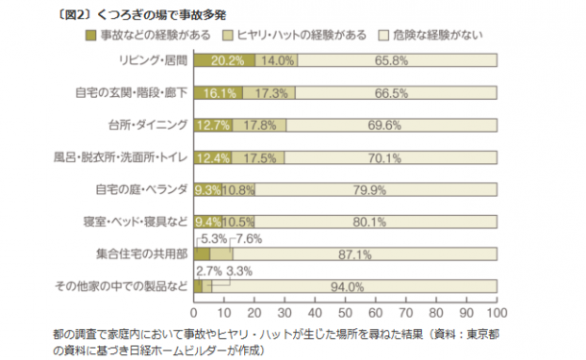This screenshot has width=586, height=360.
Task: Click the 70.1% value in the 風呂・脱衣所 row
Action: point(389,157)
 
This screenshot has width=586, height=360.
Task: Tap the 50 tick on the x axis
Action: point(344,312)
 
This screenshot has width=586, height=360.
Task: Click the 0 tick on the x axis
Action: point(194,312)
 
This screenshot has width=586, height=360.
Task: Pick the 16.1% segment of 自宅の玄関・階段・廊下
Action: point(218,93)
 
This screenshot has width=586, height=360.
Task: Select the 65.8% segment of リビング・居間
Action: point(396,61)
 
